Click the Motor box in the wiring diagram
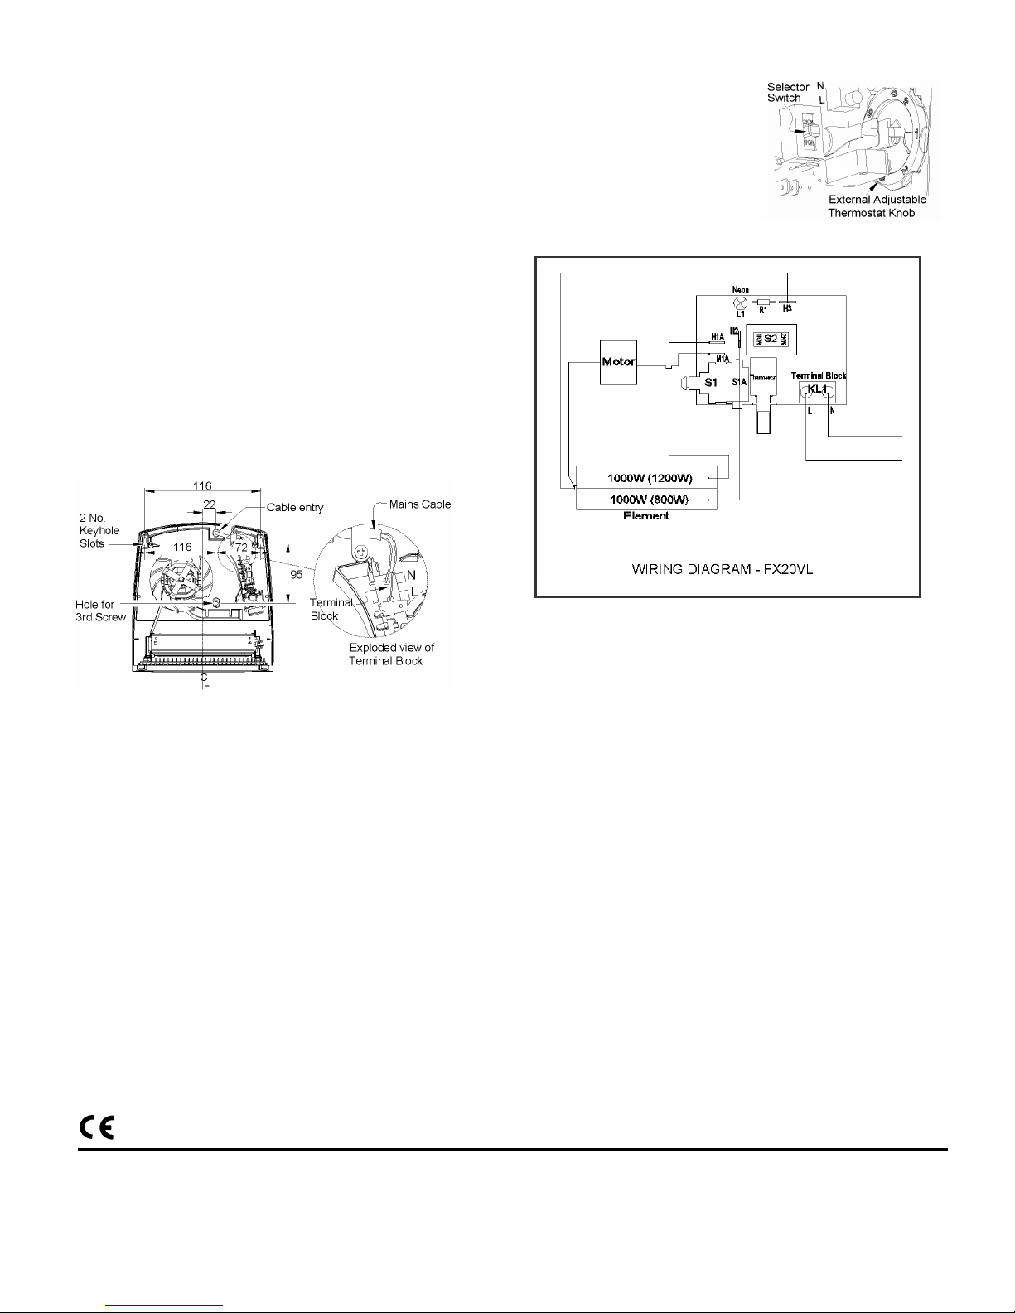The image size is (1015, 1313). [x=619, y=362]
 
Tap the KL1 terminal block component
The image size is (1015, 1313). [x=818, y=391]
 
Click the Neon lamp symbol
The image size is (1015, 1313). [x=741, y=303]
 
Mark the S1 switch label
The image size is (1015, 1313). [x=710, y=383]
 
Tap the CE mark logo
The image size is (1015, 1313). [x=96, y=1127]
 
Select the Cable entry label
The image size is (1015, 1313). [x=295, y=507]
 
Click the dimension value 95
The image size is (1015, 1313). [x=296, y=575]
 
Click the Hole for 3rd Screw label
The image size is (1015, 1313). [x=100, y=611]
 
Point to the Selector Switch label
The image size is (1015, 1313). [x=785, y=92]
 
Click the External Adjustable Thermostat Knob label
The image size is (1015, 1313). [x=877, y=205]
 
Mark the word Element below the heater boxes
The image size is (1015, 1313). [x=646, y=516]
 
